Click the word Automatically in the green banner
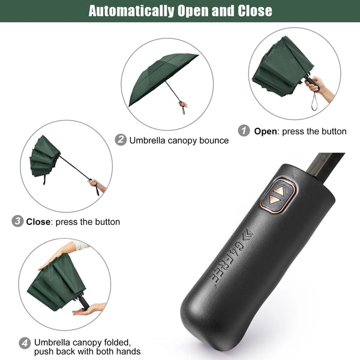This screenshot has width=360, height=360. tap(131, 11)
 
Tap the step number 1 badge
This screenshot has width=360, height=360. tap(244, 131)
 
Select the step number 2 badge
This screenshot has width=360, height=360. tap(121, 140)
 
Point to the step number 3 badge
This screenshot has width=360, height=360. tap(17, 221)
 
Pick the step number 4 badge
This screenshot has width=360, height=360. tap(25, 343)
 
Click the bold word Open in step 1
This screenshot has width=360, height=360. tap(265, 132)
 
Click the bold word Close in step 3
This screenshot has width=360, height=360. tap(38, 222)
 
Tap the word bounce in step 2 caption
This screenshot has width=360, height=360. tap(214, 140)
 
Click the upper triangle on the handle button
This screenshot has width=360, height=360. tap(279, 191)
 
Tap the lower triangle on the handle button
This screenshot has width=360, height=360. tap(274, 200)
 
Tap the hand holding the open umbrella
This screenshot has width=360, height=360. tap(183, 104)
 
